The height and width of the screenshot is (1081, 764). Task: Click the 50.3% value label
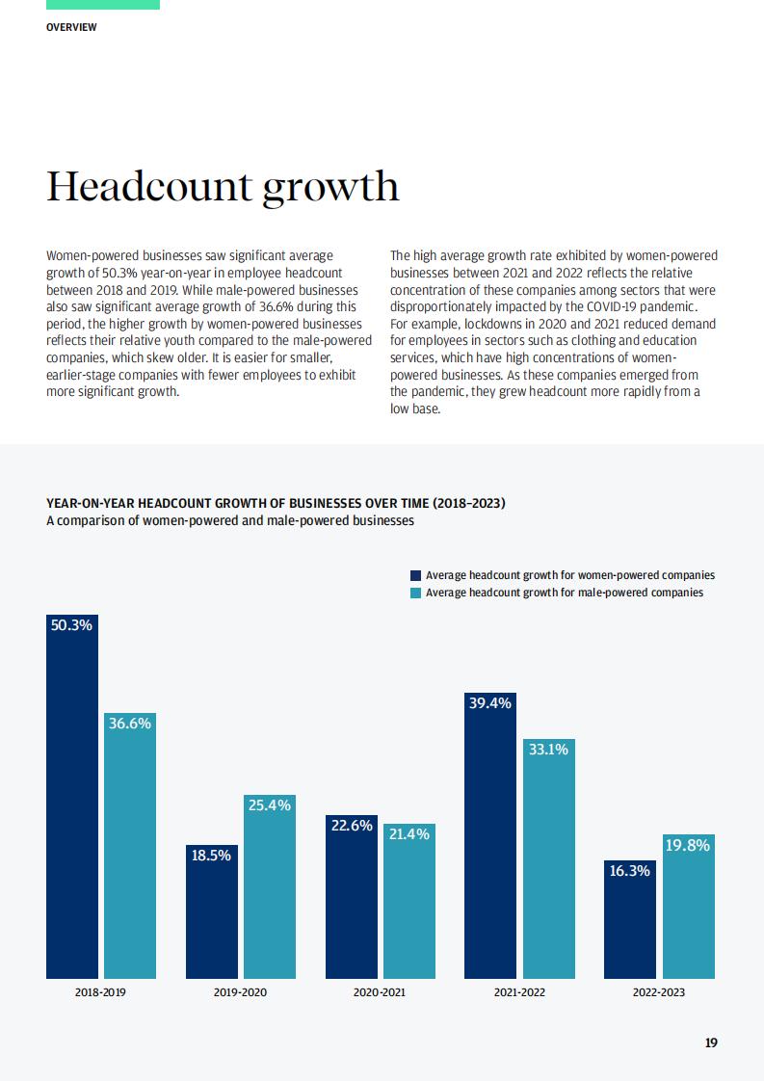click(x=71, y=625)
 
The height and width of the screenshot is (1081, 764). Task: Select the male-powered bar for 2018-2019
click(x=130, y=845)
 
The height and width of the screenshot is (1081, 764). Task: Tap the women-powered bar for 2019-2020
click(x=212, y=911)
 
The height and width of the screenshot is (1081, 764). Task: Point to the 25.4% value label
click(x=270, y=805)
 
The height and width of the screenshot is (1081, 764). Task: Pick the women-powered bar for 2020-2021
click(x=352, y=896)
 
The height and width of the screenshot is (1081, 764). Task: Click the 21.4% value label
click(x=408, y=834)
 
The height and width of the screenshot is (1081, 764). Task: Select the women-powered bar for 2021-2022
click(x=490, y=835)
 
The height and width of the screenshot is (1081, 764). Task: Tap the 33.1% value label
click(x=549, y=750)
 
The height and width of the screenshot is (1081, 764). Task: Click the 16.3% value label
click(x=629, y=871)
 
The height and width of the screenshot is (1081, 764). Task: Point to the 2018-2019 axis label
click(x=100, y=992)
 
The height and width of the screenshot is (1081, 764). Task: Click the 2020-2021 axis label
click(x=380, y=992)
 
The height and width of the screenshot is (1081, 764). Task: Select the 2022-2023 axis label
click(x=659, y=992)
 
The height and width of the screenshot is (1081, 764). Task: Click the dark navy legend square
click(x=416, y=575)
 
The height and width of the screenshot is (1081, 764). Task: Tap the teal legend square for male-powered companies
click(x=416, y=593)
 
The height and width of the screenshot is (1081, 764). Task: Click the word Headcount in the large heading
click(x=149, y=186)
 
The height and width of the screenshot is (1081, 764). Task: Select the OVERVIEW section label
click(x=71, y=27)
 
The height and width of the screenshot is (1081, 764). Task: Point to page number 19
click(x=711, y=1043)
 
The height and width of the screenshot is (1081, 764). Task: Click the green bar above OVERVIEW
click(x=103, y=5)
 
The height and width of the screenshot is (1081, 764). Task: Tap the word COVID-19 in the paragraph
click(x=614, y=306)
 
